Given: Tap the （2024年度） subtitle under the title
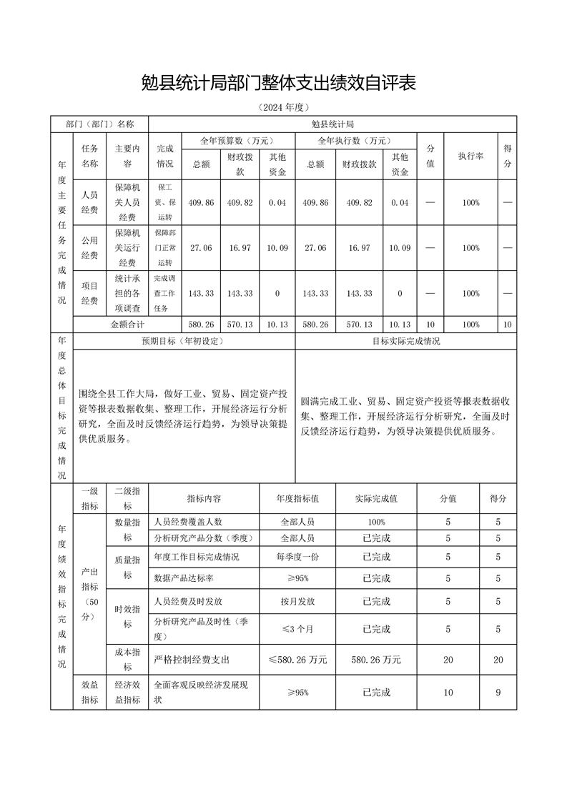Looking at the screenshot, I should (x=284, y=108).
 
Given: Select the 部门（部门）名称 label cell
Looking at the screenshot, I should (x=99, y=124).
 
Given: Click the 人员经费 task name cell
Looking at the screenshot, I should (x=89, y=202).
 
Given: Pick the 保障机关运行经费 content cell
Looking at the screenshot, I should (x=127, y=247).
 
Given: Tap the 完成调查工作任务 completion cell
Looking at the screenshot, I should (x=164, y=293).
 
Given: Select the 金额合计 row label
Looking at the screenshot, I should (x=127, y=324).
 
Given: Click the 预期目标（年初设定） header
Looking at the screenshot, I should (x=184, y=341).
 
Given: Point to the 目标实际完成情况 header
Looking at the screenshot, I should (x=405, y=341).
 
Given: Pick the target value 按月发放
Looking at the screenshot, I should (x=297, y=602).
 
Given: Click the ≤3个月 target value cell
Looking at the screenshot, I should (x=297, y=629).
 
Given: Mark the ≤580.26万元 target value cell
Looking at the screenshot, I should (x=297, y=660).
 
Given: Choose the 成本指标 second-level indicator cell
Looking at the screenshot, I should (x=127, y=660).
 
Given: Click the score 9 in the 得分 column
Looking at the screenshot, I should (x=498, y=693).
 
